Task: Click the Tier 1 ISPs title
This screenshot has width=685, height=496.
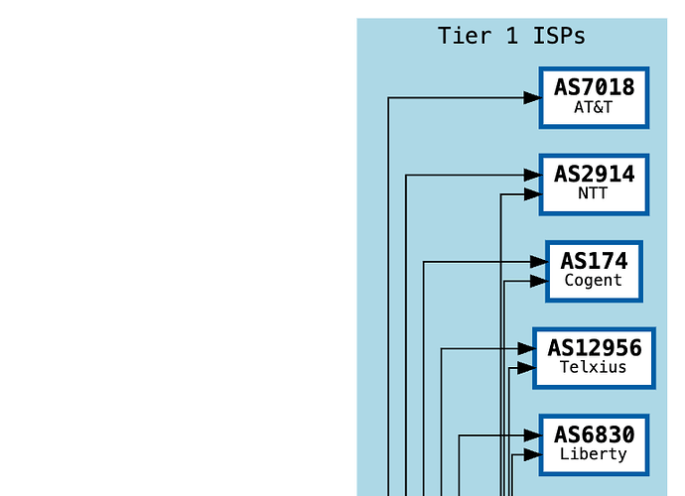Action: [x=511, y=36]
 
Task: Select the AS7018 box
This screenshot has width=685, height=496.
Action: [x=594, y=98]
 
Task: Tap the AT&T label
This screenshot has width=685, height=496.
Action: [x=594, y=107]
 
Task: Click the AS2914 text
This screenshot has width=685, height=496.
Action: [x=594, y=175]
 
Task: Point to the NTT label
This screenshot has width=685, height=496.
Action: [x=593, y=193]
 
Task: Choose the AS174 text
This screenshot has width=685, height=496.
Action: [x=594, y=261]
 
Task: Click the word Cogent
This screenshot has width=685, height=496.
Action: [x=594, y=281]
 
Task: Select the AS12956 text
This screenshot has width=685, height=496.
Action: [x=595, y=348]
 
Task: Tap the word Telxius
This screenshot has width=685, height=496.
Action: [x=594, y=367]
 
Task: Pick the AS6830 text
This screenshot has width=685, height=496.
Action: [x=594, y=434]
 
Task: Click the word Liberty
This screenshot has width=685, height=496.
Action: [x=594, y=454]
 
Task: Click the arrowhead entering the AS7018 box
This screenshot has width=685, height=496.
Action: [x=532, y=98]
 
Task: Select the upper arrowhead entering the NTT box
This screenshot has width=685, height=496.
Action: [x=532, y=175]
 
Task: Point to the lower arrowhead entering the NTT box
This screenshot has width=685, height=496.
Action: [x=532, y=194]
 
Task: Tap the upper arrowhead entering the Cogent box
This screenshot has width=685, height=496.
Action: [x=539, y=262]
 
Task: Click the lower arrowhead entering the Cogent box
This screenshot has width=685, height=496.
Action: [x=539, y=281]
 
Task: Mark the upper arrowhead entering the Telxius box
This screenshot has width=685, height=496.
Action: [x=526, y=348]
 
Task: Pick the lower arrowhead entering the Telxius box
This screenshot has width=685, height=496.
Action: [x=526, y=368]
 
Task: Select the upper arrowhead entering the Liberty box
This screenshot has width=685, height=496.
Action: [x=532, y=435]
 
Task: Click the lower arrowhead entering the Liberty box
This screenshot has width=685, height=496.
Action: [x=532, y=454]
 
